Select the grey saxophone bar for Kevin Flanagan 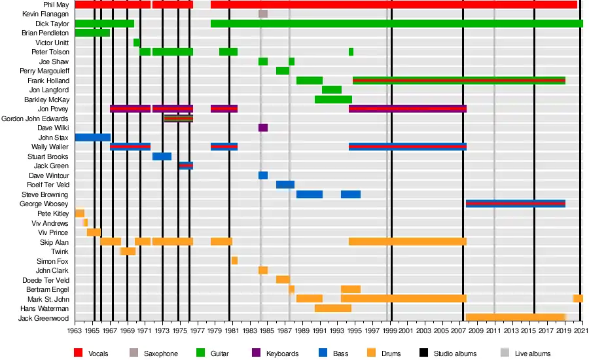[262, 14]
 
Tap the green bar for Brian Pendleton [92, 33]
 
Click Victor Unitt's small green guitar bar [136, 43]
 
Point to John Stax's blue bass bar [92, 137]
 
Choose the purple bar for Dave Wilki [262, 128]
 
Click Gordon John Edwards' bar [178, 118]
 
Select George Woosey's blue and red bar [515, 204]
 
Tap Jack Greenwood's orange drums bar [515, 317]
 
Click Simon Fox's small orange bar [234, 261]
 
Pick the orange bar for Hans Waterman [332, 308]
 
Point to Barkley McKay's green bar [333, 99]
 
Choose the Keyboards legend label [283, 354]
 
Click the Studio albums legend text [457, 354]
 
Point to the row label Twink [60, 251]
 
